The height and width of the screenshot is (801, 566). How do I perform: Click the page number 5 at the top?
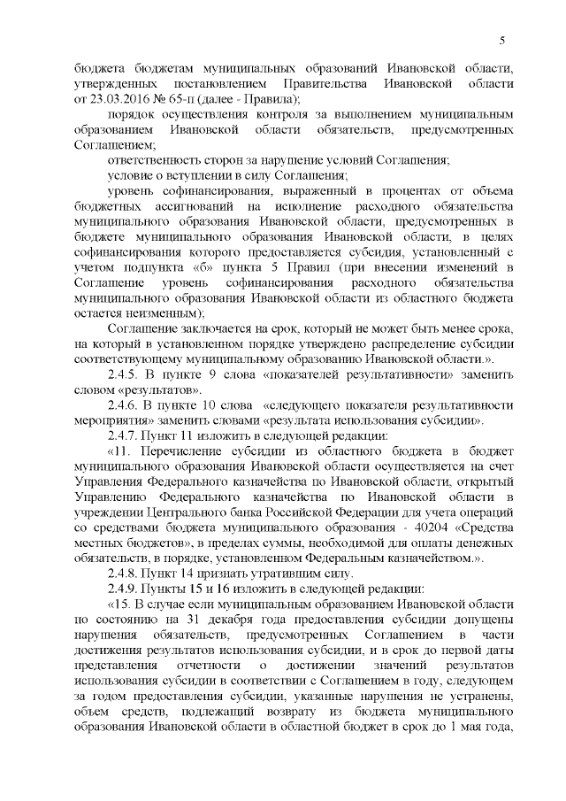(x=501, y=40)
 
